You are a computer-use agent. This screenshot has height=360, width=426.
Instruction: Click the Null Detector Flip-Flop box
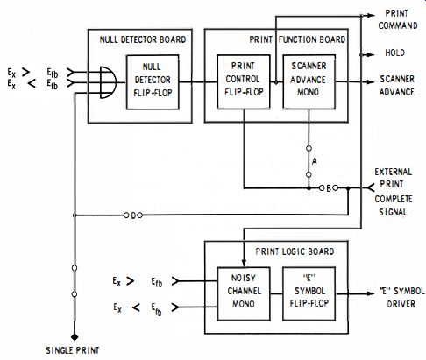coord(153,82)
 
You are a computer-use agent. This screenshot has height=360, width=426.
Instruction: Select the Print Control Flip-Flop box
coord(244,82)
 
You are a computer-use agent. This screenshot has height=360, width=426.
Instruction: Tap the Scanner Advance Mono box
coord(309,82)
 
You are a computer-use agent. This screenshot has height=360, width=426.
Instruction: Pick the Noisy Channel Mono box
coord(244,293)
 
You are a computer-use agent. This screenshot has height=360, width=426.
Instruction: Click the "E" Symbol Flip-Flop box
coord(309,293)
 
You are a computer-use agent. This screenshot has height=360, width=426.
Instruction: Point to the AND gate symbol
coord(108,82)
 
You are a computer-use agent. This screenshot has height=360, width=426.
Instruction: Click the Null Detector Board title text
coord(143,39)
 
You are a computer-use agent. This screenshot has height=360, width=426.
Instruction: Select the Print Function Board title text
coord(297,39)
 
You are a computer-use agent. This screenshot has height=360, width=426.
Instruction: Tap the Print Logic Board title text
coord(295,251)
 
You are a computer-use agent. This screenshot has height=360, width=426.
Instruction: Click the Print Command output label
coord(398,19)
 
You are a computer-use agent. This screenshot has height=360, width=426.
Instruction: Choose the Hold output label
coord(395,53)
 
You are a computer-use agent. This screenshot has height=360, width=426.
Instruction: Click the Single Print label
coord(73,350)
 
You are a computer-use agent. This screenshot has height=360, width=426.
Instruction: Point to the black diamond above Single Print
coord(75,337)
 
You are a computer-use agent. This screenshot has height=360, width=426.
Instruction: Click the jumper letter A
coord(314,161)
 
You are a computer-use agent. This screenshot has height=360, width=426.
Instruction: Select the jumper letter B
coord(329,188)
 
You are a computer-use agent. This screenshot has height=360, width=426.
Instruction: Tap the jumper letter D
coord(133,215)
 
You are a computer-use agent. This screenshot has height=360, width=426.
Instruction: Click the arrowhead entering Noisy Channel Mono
coord(244,263)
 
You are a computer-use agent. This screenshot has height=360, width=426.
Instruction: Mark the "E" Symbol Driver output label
coord(401,297)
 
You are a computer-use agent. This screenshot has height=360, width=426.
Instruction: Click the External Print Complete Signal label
coord(394,192)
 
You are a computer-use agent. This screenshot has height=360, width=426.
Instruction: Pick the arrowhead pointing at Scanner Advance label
coord(370,82)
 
